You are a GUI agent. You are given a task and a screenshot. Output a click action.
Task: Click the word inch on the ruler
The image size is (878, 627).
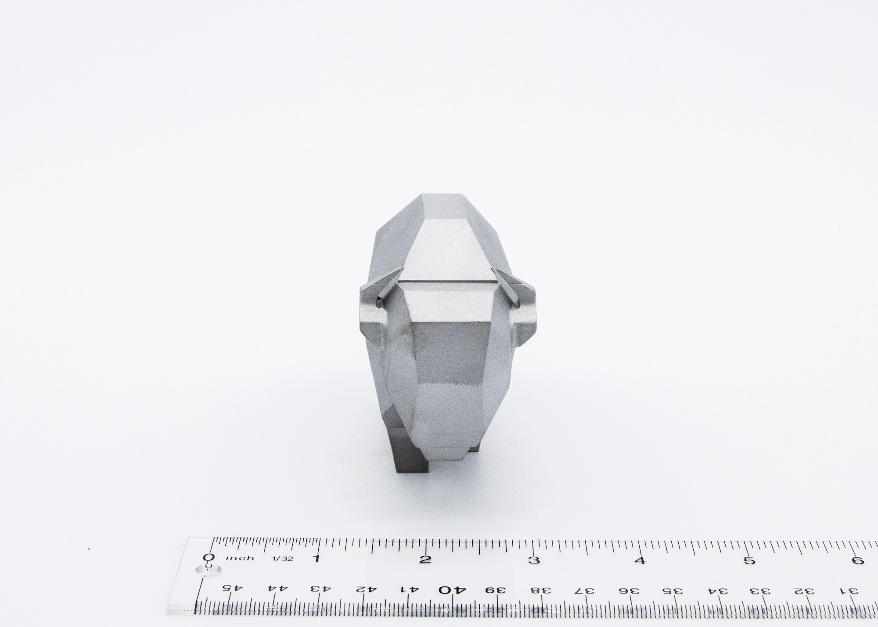pyautogui.click(x=240, y=558)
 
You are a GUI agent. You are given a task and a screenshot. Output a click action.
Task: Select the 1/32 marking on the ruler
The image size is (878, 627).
pyautogui.click(x=280, y=559)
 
